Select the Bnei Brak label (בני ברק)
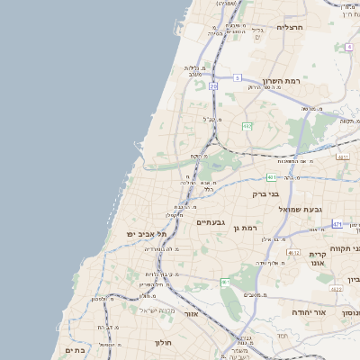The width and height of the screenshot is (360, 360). tap(288, 193)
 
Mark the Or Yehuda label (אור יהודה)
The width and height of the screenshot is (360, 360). tap(288, 311)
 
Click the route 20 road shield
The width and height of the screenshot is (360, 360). tap(213, 86)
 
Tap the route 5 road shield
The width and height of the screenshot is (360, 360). tap(238, 78)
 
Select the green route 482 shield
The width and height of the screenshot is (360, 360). tap(247, 127)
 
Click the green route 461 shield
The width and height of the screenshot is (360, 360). tap(225, 283)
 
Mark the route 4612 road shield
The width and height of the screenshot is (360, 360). tap(293, 253)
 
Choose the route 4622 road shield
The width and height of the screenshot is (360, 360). tap(336, 289)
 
